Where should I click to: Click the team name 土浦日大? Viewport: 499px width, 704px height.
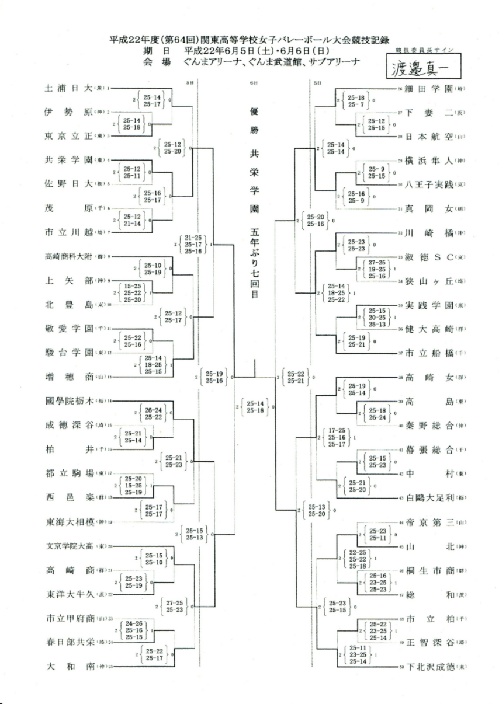(x=69, y=89)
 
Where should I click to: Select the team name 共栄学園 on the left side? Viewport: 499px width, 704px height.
(x=69, y=159)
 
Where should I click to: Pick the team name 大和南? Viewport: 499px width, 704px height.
(x=69, y=665)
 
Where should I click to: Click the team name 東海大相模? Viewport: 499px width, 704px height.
(x=69, y=521)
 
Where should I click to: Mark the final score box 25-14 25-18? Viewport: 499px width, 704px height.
(x=255, y=406)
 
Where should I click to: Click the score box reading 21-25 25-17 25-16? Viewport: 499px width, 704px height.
(x=193, y=244)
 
